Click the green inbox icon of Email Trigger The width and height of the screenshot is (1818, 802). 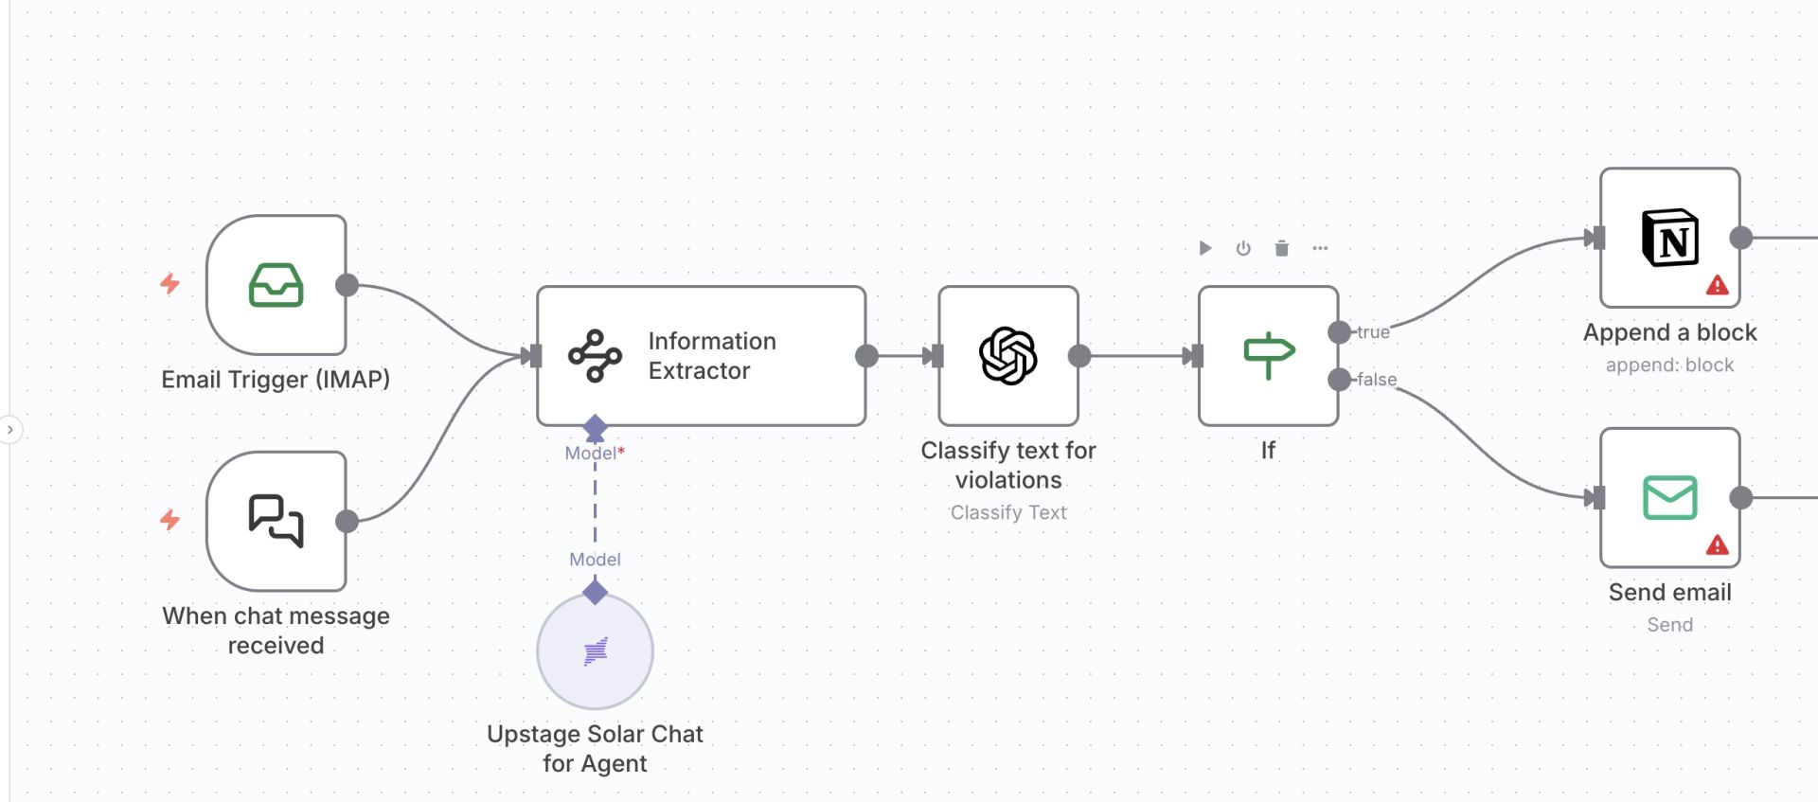[x=276, y=285]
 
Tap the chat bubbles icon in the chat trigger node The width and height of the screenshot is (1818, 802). [x=276, y=521]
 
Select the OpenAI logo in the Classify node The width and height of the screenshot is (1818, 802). [x=1008, y=356]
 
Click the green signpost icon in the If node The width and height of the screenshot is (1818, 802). [x=1268, y=355]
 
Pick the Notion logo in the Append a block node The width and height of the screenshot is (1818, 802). [x=1669, y=238]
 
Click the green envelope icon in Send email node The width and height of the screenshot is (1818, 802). [x=1669, y=498]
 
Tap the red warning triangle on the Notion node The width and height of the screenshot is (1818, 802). [x=1717, y=285]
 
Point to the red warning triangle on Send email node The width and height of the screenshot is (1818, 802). [x=1717, y=545]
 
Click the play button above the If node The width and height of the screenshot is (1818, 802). [x=1205, y=248]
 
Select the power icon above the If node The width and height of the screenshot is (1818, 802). [x=1243, y=248]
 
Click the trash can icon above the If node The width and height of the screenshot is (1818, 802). [x=1281, y=248]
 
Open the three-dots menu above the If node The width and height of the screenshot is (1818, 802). [x=1320, y=248]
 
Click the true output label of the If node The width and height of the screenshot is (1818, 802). [x=1373, y=332]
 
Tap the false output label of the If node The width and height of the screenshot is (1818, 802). [x=1377, y=380]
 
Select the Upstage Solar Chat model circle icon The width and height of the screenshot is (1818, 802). [x=595, y=651]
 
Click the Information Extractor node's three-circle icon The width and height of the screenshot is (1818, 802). [x=595, y=356]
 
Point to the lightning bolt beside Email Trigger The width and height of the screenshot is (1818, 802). [x=170, y=283]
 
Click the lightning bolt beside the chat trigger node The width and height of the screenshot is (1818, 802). [x=170, y=519]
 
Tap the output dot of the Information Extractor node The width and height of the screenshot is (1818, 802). [x=866, y=356]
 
